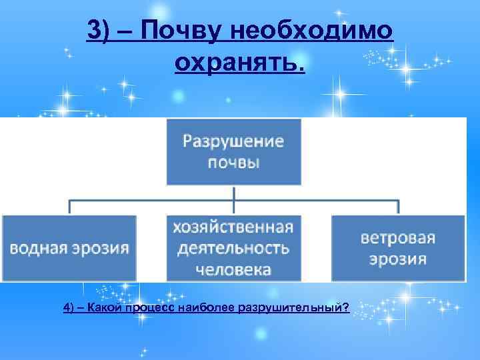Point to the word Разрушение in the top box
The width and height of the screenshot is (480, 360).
(x=233, y=142)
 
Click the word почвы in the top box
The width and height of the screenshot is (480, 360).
(x=233, y=164)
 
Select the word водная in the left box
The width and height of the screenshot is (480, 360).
(x=37, y=249)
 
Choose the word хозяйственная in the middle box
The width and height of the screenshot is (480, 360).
(x=233, y=227)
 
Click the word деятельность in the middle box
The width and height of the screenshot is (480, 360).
(x=233, y=249)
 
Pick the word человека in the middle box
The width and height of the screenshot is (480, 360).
(x=233, y=270)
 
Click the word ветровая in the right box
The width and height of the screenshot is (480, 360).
(x=398, y=238)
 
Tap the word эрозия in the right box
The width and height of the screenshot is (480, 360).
(x=398, y=259)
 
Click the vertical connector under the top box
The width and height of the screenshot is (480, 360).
(x=234, y=191)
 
